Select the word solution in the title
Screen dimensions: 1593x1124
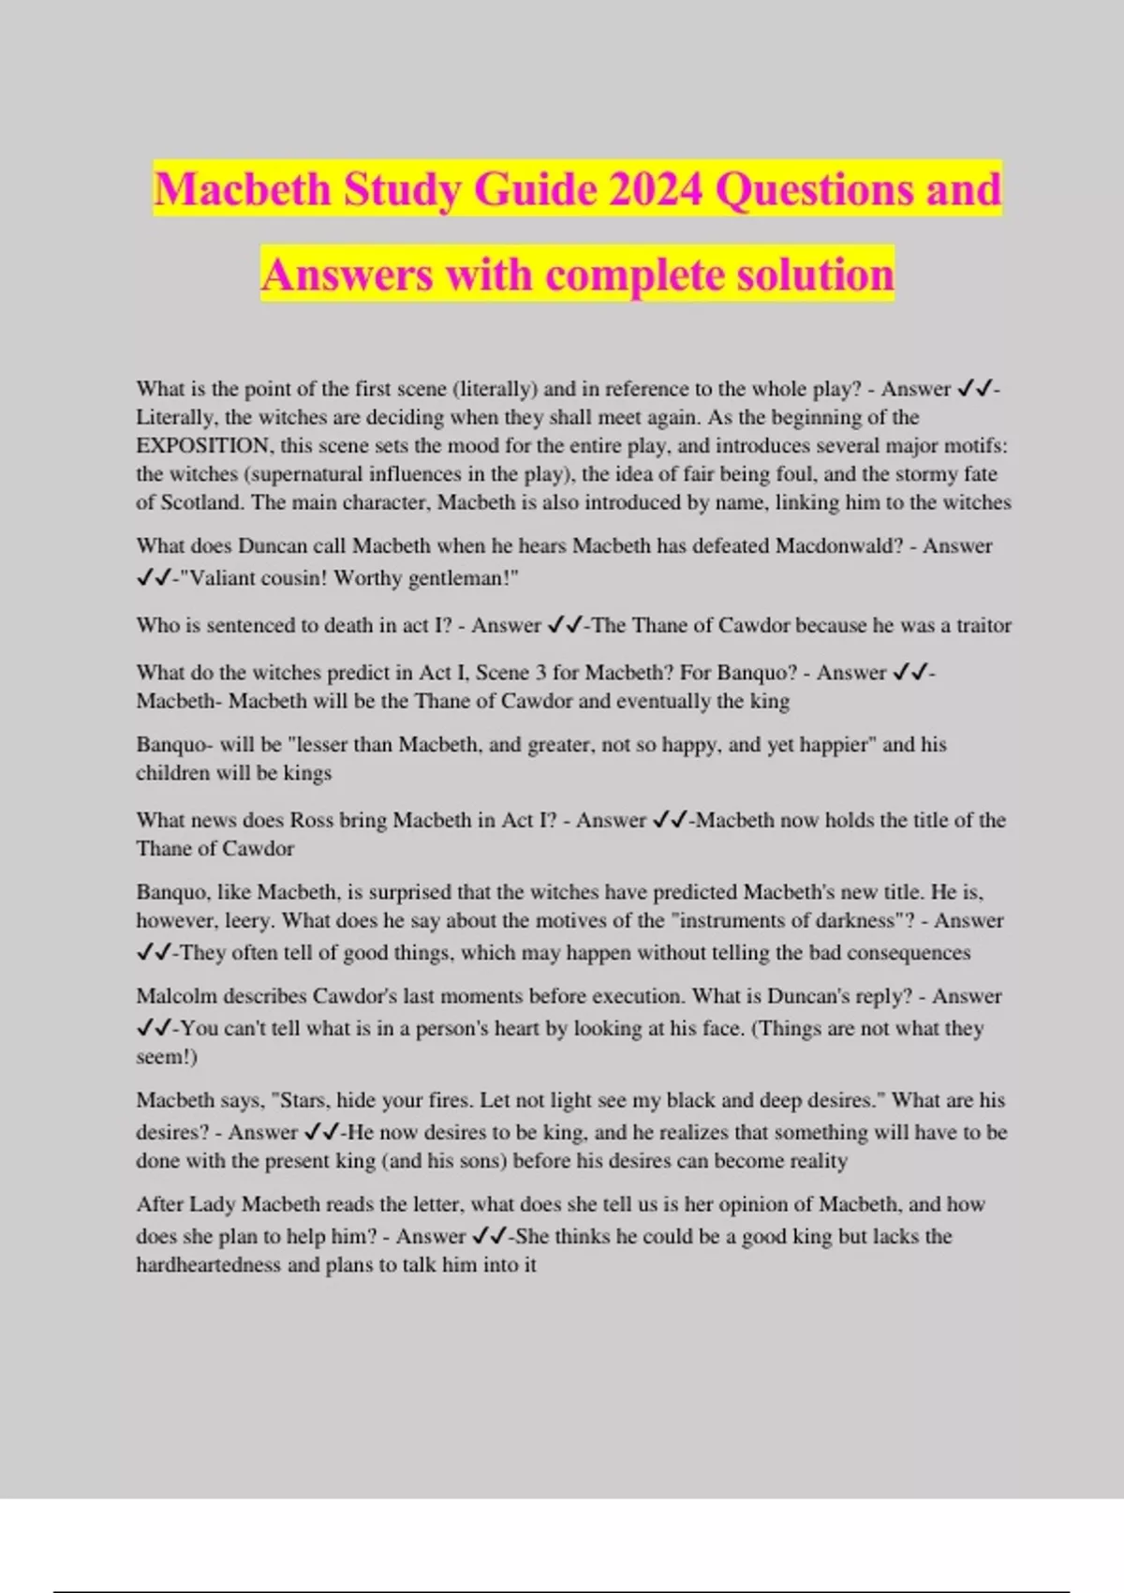pyautogui.click(x=815, y=275)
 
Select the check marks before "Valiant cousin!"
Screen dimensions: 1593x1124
pyautogui.click(x=153, y=578)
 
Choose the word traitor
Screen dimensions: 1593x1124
pyautogui.click(x=983, y=625)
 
